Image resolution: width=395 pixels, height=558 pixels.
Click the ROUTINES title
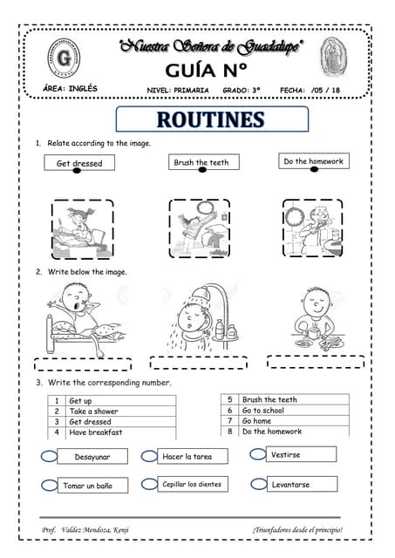coord(212,119)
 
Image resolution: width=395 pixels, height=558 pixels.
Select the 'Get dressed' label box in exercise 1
coord(79,163)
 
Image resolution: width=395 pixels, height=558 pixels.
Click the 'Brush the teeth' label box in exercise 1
coord(201,162)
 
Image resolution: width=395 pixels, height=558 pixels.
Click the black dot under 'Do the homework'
coord(315,170)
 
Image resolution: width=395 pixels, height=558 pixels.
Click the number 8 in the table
coord(230,432)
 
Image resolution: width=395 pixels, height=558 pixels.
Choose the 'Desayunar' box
coord(92,456)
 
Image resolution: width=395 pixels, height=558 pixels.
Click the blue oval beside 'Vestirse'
coord(257,453)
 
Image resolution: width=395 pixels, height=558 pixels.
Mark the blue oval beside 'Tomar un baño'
coord(50,485)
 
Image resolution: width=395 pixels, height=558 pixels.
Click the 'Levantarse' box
coord(301,484)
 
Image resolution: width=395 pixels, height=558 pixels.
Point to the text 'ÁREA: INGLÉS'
coord(70,88)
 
